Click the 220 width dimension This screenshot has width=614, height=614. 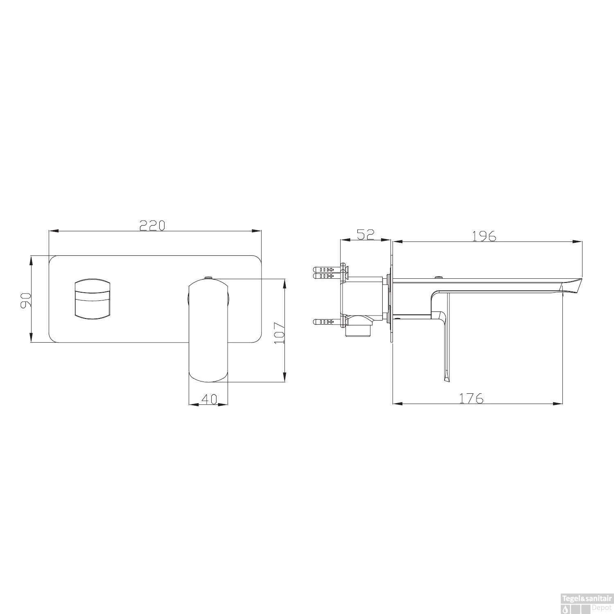[152, 226]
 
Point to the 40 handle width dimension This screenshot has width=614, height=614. [209, 399]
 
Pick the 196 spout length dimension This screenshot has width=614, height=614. [484, 236]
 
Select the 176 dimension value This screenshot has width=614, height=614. [471, 398]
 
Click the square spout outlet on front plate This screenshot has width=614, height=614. [92, 299]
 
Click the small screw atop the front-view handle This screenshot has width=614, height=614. [208, 278]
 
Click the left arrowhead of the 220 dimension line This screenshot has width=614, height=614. [52, 231]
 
